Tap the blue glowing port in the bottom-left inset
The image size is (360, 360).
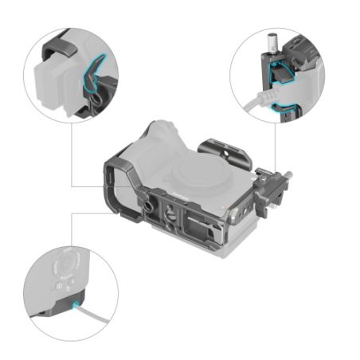click(76, 305)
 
